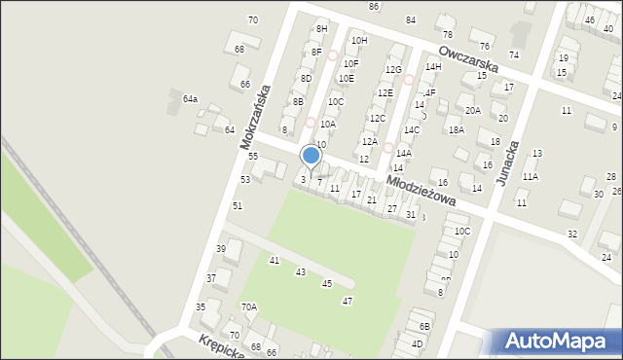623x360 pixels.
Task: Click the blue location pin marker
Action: click(x=311, y=156)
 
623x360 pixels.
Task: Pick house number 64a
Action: click(x=190, y=99)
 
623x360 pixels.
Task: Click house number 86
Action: click(x=374, y=7)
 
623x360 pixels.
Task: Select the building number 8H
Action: click(x=321, y=29)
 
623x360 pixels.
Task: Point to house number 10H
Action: click(x=359, y=40)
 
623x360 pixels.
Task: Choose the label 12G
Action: click(x=393, y=70)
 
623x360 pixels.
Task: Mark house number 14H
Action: click(x=433, y=66)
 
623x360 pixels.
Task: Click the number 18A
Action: click(x=456, y=129)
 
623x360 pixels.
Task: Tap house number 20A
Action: click(x=472, y=110)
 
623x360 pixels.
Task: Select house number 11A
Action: click(x=530, y=177)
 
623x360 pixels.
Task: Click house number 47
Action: click(x=347, y=302)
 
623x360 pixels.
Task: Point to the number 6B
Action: click(x=424, y=326)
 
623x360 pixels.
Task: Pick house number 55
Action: click(x=252, y=157)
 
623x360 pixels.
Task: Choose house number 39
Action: click(x=221, y=250)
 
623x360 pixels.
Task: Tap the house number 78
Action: click(x=448, y=34)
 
